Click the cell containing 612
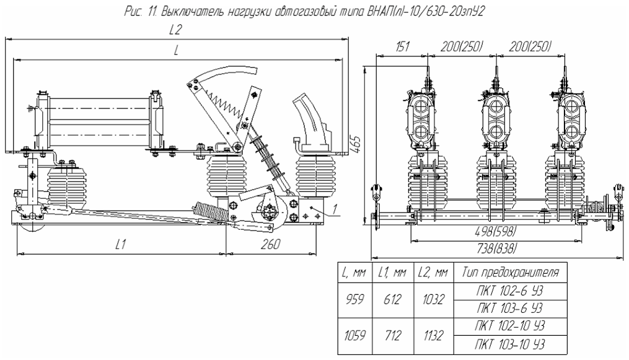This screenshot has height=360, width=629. pyautogui.click(x=392, y=300)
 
